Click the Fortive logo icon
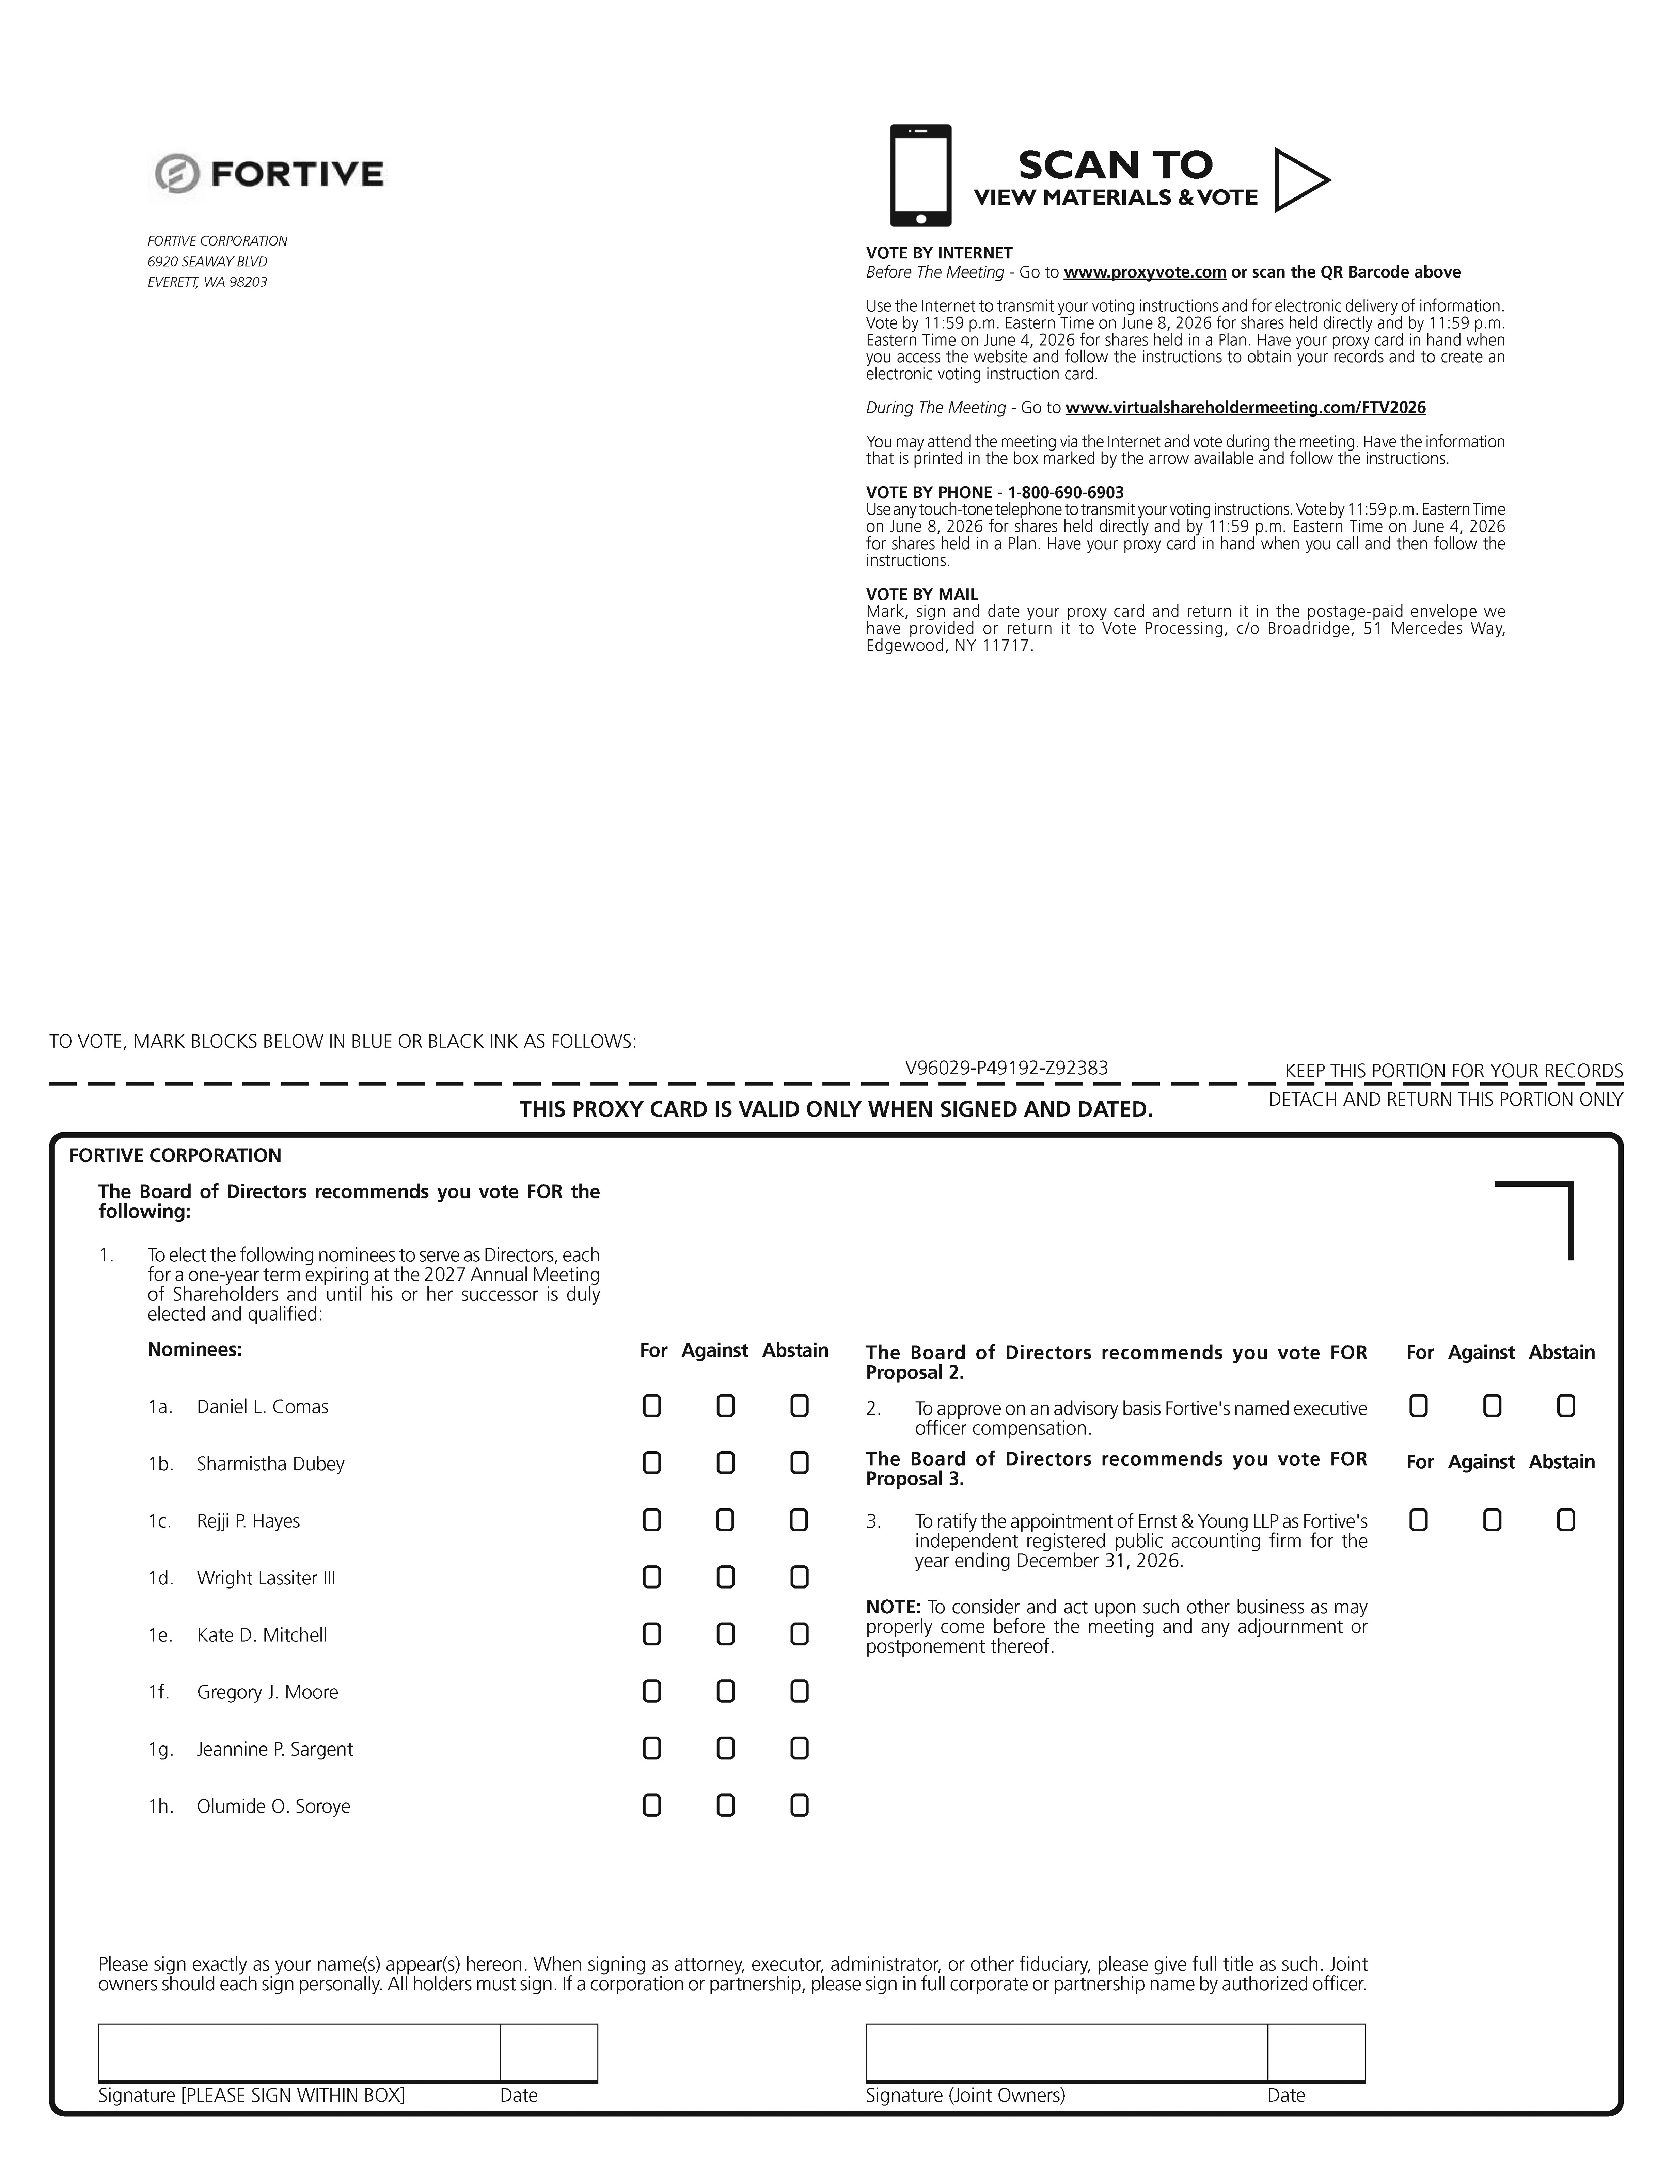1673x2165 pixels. pyautogui.click(x=176, y=173)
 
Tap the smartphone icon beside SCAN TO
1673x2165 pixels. pyautogui.click(x=920, y=175)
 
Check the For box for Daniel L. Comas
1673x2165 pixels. pyautogui.click(x=651, y=1406)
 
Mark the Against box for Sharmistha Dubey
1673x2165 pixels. pyautogui.click(x=726, y=1463)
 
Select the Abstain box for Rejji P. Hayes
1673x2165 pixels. pyautogui.click(x=799, y=1520)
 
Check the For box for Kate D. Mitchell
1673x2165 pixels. pyautogui.click(x=651, y=1634)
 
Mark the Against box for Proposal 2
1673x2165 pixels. pyautogui.click(x=1492, y=1406)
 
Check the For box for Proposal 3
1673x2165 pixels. pyautogui.click(x=1418, y=1520)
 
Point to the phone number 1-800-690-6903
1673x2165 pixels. pyautogui.click(x=1066, y=493)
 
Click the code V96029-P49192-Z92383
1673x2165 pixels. pyautogui.click(x=1006, y=1068)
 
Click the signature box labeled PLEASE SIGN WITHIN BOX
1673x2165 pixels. pyautogui.click(x=298, y=2051)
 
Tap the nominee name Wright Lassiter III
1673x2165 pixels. pyautogui.click(x=266, y=1577)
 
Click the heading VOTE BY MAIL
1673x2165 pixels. pyautogui.click(x=922, y=595)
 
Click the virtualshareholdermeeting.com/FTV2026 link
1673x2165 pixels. pyautogui.click(x=1245, y=407)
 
